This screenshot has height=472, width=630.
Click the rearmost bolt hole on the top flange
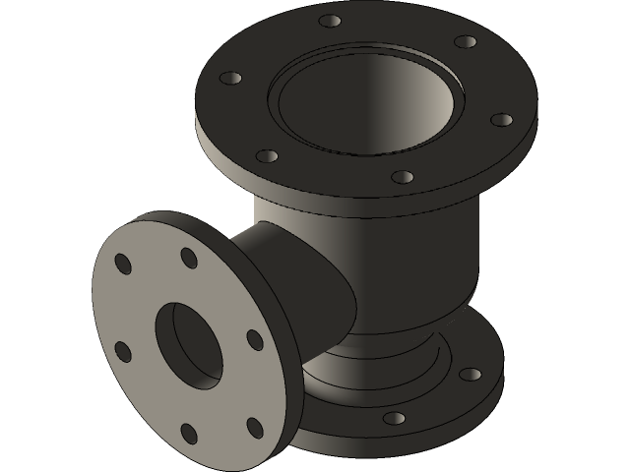tap(332, 19)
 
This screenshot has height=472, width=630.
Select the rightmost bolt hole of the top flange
tap(501, 120)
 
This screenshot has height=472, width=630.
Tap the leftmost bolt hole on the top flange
tap(232, 77)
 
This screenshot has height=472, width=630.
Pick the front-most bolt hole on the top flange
tap(401, 177)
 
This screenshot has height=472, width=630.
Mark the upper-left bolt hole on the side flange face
tap(123, 264)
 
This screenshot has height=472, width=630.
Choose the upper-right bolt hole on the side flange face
tap(187, 256)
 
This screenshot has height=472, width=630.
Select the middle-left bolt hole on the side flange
tap(123, 351)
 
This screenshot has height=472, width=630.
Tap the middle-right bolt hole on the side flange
tap(253, 339)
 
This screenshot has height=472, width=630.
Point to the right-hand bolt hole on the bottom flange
tap(471, 375)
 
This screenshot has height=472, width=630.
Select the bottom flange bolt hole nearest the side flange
tap(393, 419)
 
